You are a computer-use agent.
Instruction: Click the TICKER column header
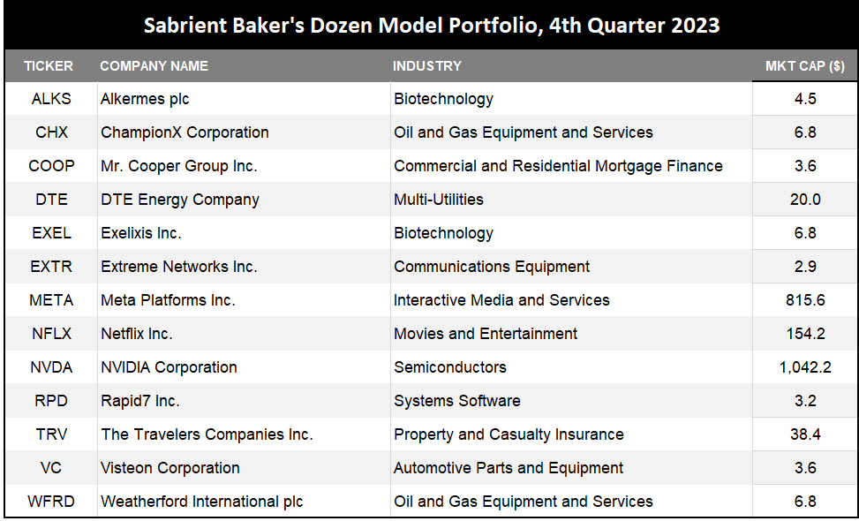point(49,66)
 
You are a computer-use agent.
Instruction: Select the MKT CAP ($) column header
point(804,66)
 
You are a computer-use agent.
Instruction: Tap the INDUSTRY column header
point(427,66)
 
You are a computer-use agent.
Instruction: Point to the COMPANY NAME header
point(154,66)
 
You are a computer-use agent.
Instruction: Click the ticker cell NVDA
point(51,367)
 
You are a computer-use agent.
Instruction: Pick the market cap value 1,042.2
point(805,367)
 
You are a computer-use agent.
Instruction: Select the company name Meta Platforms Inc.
point(168,300)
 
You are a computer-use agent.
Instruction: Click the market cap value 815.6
point(805,300)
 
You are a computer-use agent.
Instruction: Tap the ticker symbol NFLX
point(51,334)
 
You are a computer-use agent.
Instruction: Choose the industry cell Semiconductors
point(450,367)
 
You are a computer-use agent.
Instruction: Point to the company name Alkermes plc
point(145,99)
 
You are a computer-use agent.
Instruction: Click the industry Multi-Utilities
point(439,200)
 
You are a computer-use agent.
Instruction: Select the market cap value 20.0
point(805,200)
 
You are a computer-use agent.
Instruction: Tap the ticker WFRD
point(51,502)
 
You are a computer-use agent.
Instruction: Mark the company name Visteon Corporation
point(170,468)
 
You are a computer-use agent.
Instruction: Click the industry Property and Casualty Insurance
point(509,434)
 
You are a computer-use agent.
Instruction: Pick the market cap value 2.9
point(805,267)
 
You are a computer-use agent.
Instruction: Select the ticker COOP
point(51,166)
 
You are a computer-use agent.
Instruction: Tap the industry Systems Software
point(457,401)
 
